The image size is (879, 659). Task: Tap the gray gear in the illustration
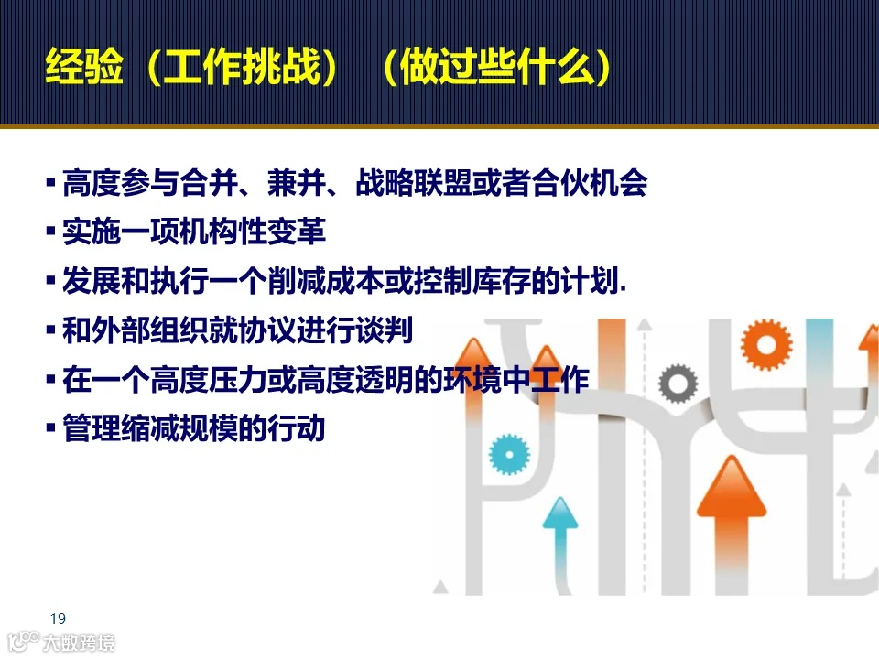pos(678,384)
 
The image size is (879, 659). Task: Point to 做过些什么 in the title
pos(495,69)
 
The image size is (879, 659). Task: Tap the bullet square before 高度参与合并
pos(51,183)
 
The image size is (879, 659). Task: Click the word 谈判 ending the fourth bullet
pos(391,330)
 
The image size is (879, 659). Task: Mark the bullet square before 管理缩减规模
pos(51,427)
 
